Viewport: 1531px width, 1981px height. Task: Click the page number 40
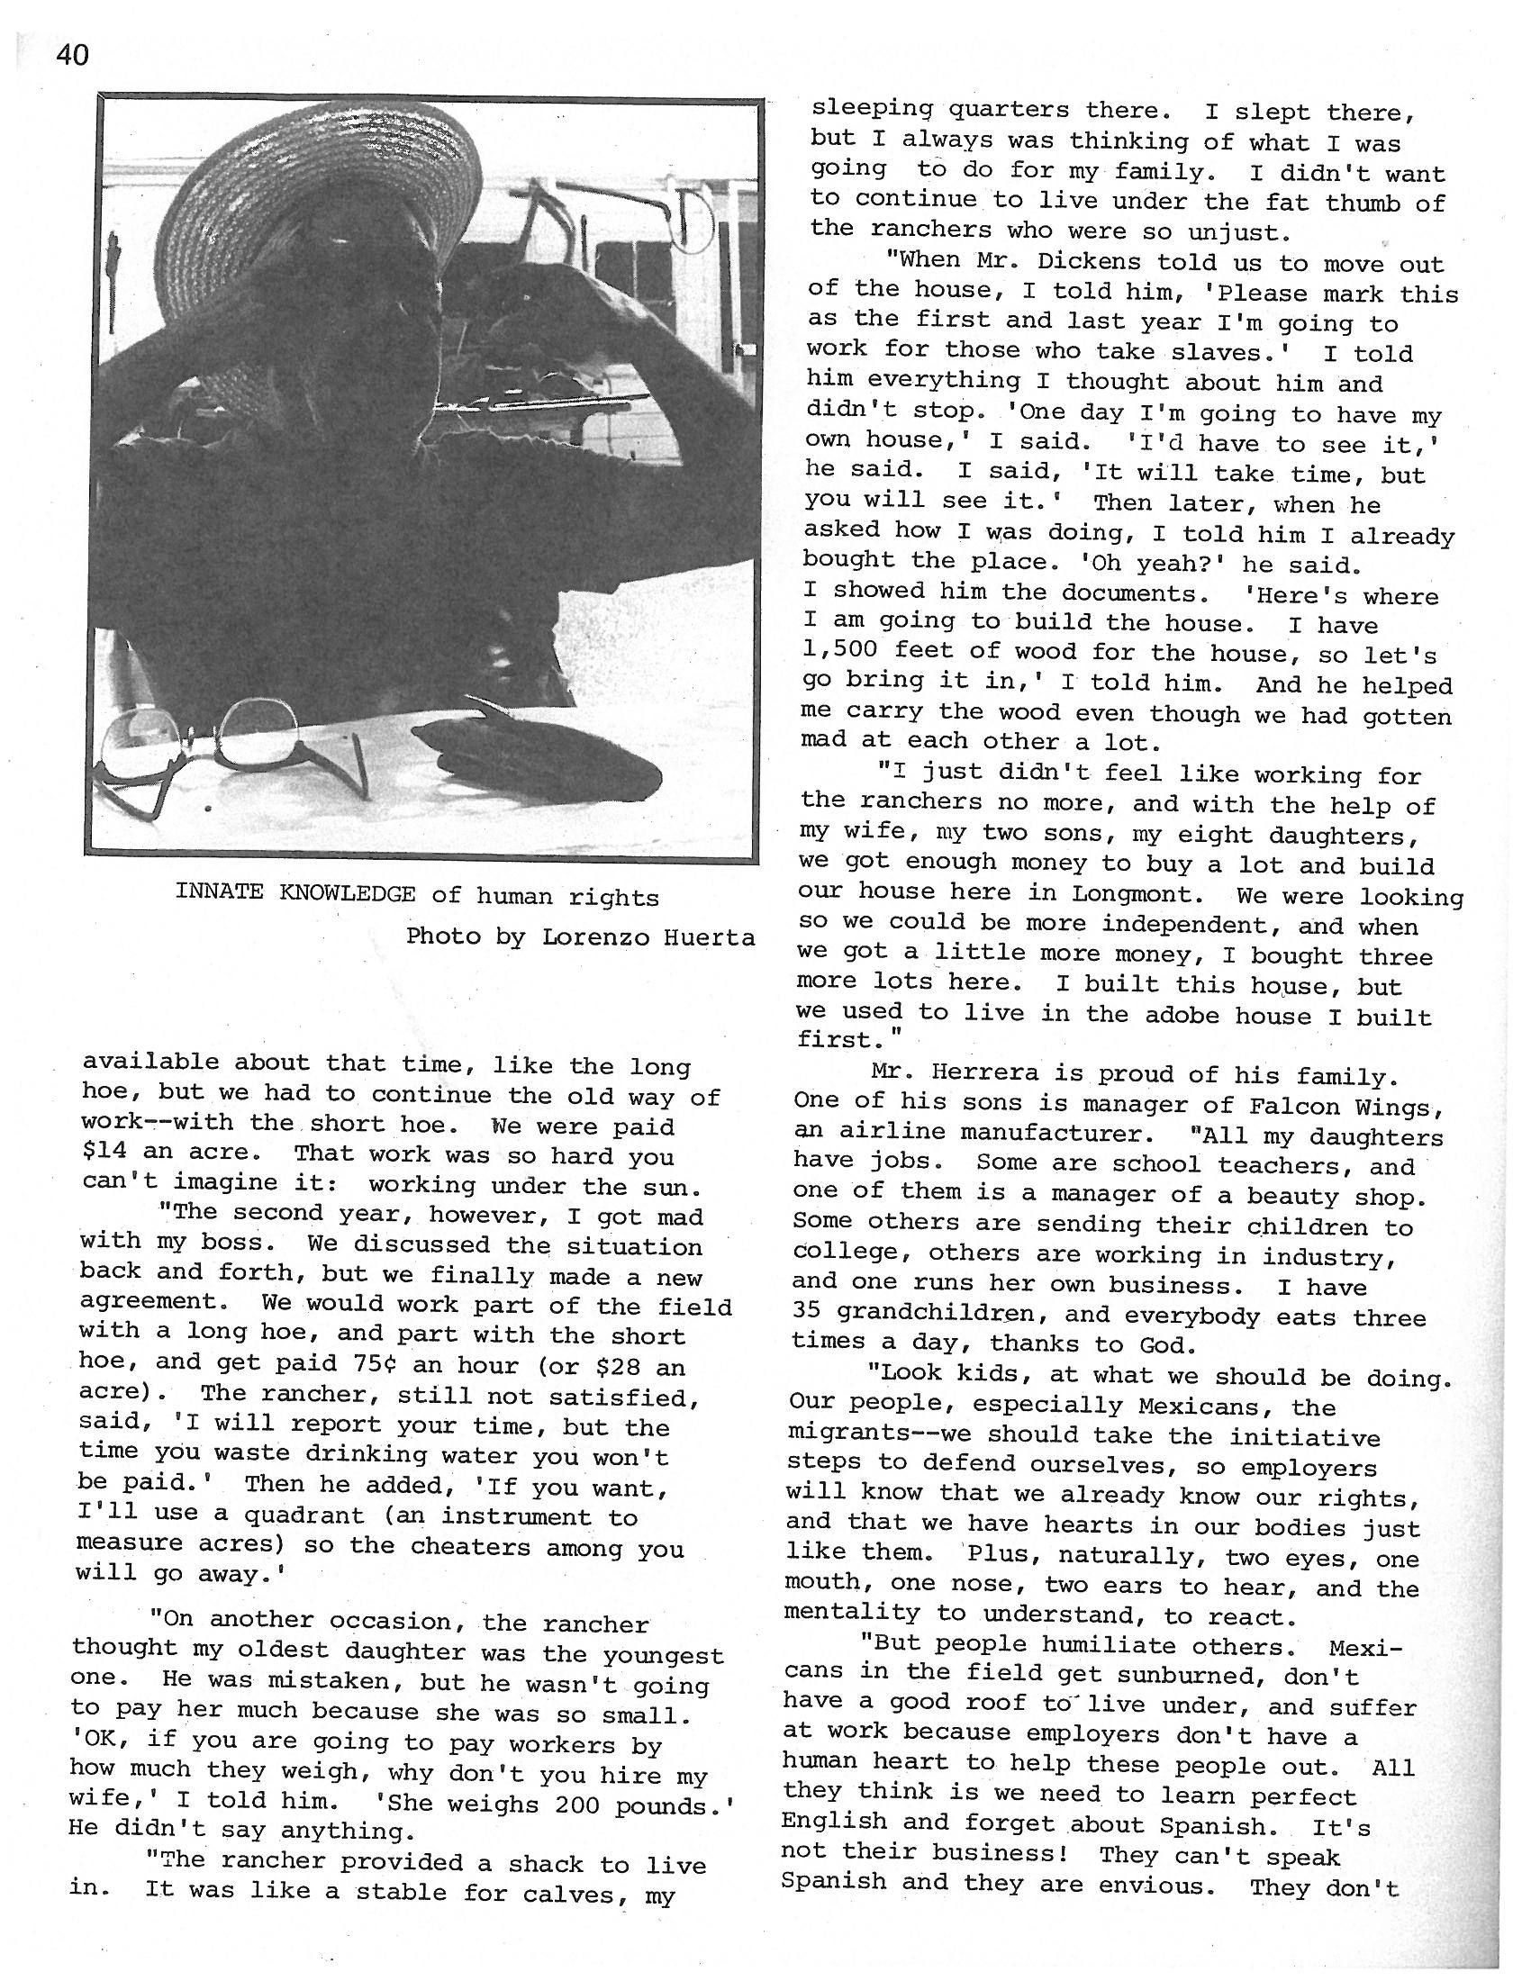click(73, 56)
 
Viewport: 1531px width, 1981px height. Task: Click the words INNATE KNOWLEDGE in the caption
click(295, 893)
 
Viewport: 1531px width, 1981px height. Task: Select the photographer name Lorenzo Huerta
click(648, 937)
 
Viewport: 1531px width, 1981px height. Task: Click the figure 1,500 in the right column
click(839, 650)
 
